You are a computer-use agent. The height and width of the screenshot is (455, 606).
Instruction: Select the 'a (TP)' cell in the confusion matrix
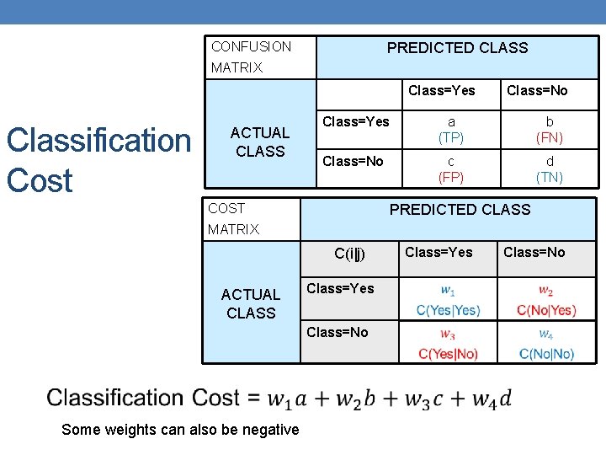click(x=451, y=130)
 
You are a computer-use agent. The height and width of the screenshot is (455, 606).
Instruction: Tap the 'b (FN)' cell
click(x=550, y=130)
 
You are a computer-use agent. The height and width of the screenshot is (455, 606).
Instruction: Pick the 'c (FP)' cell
click(x=451, y=169)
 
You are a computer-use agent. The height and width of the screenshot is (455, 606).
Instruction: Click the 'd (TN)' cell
click(x=550, y=169)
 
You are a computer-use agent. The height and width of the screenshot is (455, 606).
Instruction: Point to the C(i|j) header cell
click(x=349, y=253)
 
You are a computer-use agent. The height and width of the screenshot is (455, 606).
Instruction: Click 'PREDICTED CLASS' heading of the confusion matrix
click(x=457, y=48)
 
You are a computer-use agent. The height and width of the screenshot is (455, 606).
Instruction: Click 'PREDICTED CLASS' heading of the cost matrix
click(x=460, y=210)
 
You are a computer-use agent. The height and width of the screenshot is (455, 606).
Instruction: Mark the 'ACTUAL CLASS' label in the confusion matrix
click(x=259, y=142)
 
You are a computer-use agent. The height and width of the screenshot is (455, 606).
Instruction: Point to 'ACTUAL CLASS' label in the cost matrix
click(x=250, y=303)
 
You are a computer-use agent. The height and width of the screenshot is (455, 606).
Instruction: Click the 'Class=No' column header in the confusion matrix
click(x=536, y=90)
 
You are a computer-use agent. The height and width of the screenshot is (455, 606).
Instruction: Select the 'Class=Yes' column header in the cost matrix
click(x=439, y=252)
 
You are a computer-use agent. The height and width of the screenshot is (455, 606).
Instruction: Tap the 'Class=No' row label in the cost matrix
click(x=337, y=332)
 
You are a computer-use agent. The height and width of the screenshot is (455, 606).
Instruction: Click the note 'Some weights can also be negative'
click(x=180, y=430)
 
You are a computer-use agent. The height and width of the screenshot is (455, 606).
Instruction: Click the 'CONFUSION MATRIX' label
click(x=251, y=56)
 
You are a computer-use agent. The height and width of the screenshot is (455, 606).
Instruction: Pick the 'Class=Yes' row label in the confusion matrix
click(x=356, y=121)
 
